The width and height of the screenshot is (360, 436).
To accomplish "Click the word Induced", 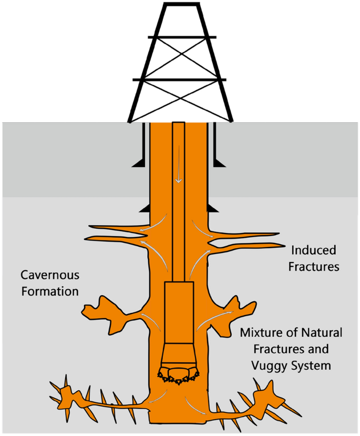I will click(x=313, y=250).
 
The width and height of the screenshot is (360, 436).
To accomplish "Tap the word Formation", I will click(x=49, y=291).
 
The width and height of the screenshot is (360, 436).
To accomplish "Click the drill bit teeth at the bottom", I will click(x=179, y=377).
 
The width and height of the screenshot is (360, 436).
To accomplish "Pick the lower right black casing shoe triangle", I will click(x=213, y=209).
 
